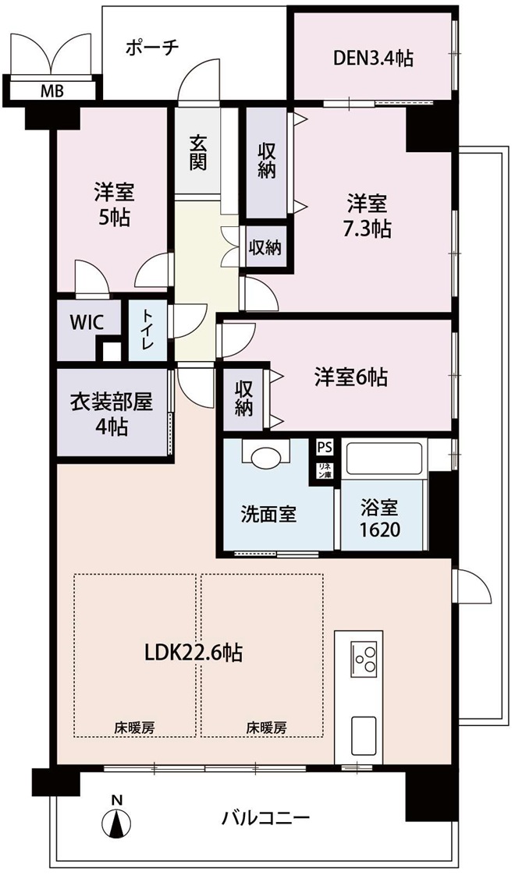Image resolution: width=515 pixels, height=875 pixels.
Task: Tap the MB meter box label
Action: click(x=52, y=90)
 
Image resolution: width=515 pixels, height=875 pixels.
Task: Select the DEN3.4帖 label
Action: click(x=373, y=57)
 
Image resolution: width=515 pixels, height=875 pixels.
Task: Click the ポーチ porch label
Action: click(x=152, y=47)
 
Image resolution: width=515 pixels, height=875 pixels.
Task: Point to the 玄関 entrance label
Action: click(x=197, y=152)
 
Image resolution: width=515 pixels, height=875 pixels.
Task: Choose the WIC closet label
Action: click(x=87, y=323)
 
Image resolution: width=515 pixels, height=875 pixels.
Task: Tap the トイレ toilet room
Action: click(x=148, y=331)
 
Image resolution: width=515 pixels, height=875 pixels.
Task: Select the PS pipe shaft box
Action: click(x=324, y=446)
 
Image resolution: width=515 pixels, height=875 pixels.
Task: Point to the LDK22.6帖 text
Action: click(x=194, y=652)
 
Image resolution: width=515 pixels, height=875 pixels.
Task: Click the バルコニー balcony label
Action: click(x=265, y=819)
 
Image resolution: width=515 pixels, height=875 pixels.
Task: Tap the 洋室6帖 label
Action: click(x=350, y=378)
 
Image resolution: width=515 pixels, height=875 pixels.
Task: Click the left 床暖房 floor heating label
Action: click(x=135, y=728)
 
